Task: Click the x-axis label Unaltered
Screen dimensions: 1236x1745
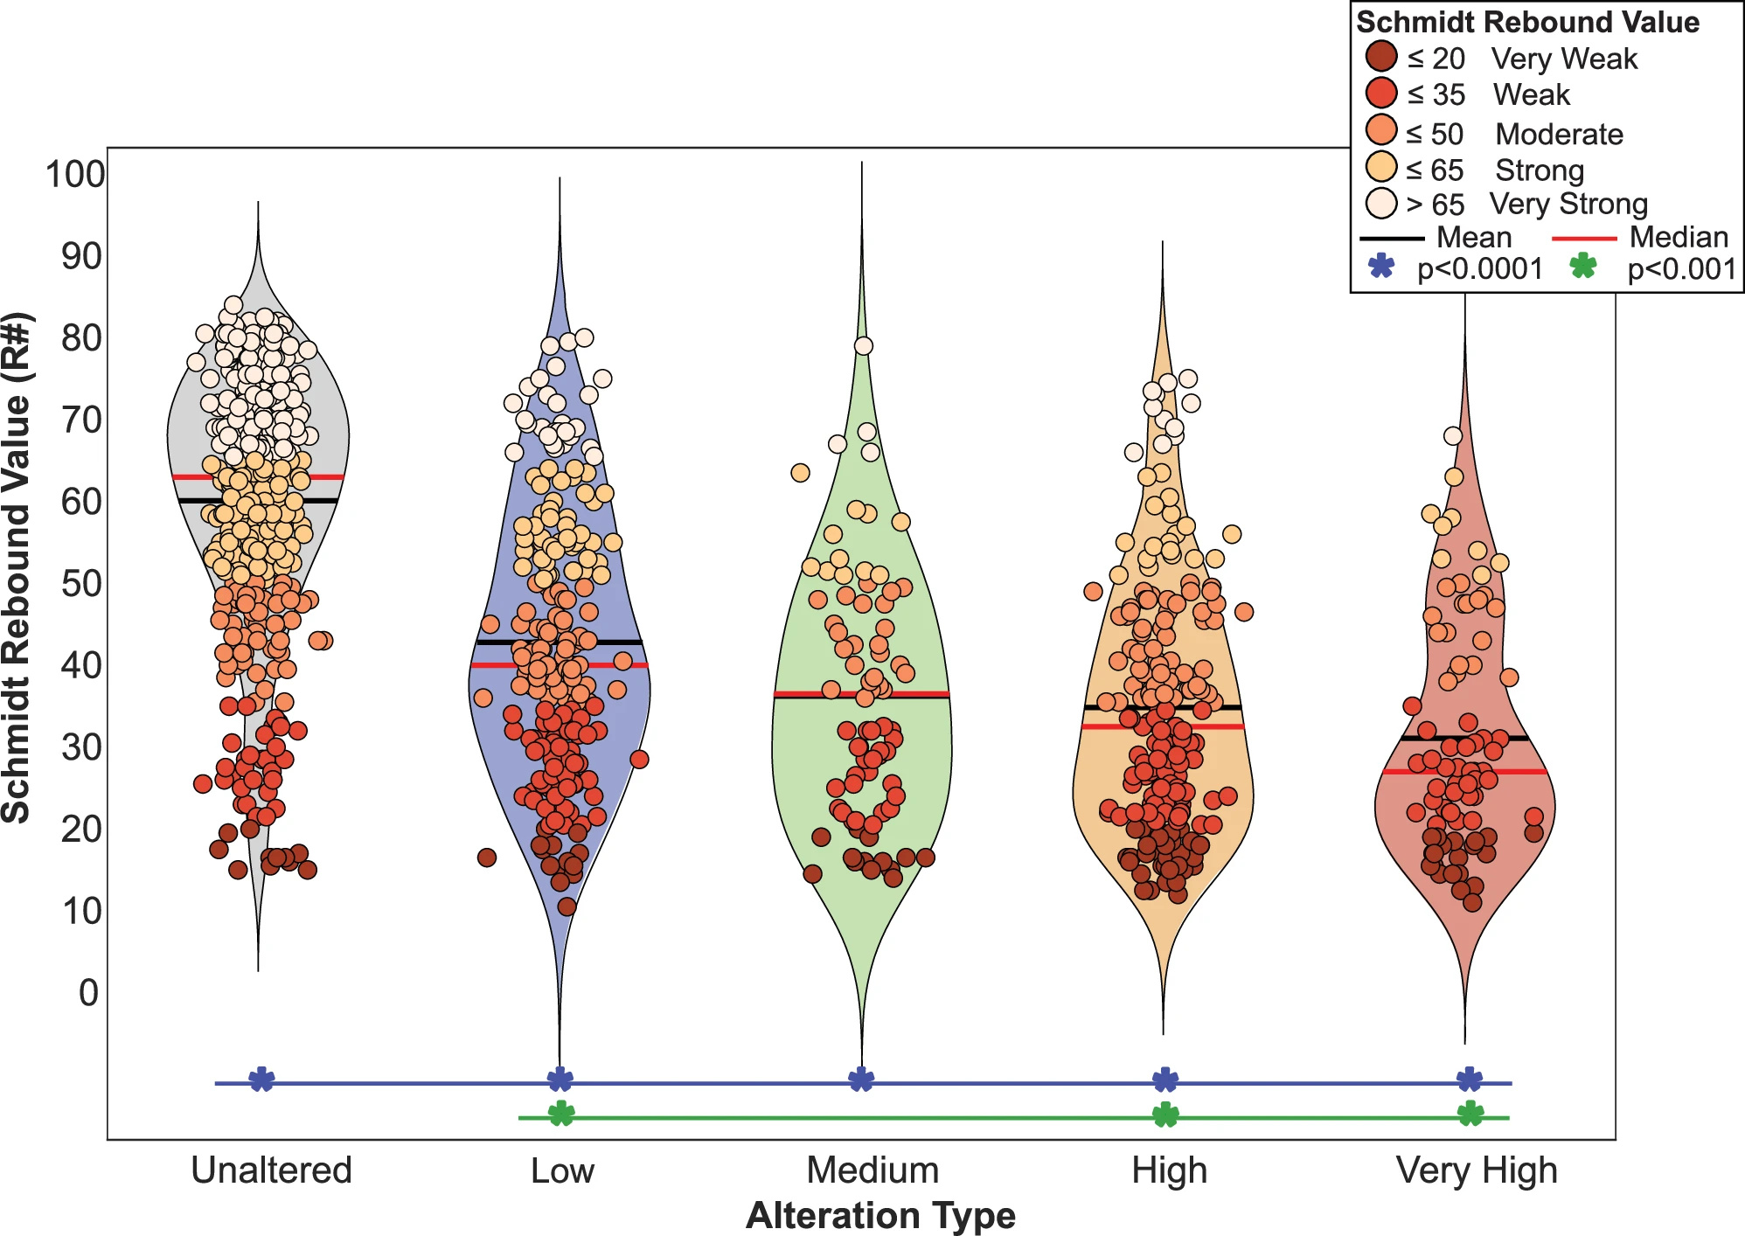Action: tap(271, 1170)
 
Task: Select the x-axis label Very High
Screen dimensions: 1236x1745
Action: tap(1477, 1170)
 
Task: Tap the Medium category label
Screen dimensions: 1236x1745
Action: tap(872, 1170)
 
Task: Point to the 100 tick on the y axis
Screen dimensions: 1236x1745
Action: tap(75, 174)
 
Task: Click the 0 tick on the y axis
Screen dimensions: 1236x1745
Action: tap(88, 993)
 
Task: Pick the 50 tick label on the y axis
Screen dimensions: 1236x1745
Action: tap(81, 584)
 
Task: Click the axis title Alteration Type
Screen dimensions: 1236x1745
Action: tap(880, 1216)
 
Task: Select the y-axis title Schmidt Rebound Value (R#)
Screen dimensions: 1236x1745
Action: tap(17, 568)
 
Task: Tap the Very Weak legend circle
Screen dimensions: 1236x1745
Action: tap(1381, 57)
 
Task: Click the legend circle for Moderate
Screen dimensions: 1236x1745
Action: tap(1381, 131)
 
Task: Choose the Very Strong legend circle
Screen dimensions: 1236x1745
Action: tap(1381, 203)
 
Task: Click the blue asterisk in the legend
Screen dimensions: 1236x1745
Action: tap(1381, 266)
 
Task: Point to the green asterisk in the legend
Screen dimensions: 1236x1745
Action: tap(1583, 266)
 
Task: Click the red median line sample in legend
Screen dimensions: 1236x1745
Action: tap(1584, 238)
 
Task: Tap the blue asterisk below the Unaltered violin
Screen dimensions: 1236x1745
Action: tap(261, 1080)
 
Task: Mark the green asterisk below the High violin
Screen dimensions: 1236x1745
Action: tap(1165, 1114)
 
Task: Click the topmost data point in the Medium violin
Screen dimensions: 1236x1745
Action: tap(863, 346)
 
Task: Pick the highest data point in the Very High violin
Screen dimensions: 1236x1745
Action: tap(1453, 435)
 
